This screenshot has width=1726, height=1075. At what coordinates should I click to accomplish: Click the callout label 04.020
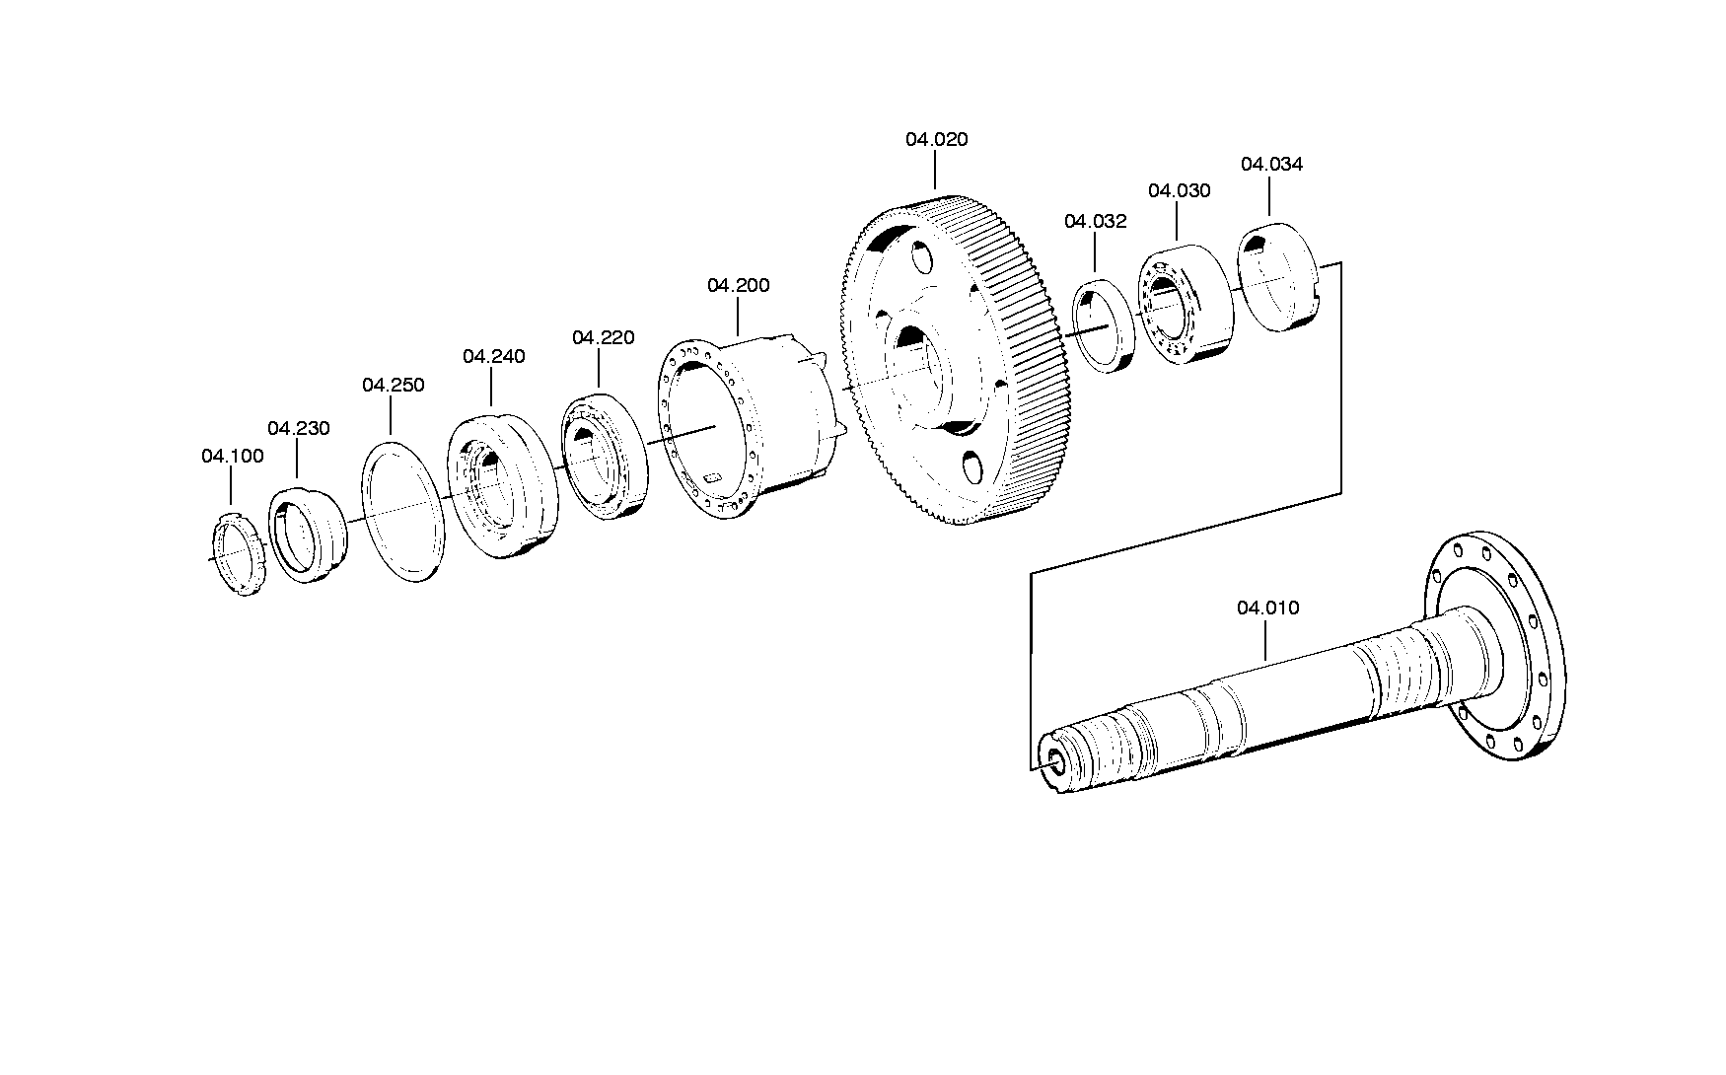(937, 140)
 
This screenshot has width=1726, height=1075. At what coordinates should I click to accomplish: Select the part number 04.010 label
(1268, 609)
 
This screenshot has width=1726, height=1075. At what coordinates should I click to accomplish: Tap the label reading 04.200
(738, 286)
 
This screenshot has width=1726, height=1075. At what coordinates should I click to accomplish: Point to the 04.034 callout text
(1271, 165)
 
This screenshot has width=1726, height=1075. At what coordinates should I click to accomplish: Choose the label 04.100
(233, 457)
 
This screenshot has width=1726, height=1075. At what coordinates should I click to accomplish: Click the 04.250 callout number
(393, 386)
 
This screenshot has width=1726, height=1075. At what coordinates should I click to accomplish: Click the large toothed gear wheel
(955, 359)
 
